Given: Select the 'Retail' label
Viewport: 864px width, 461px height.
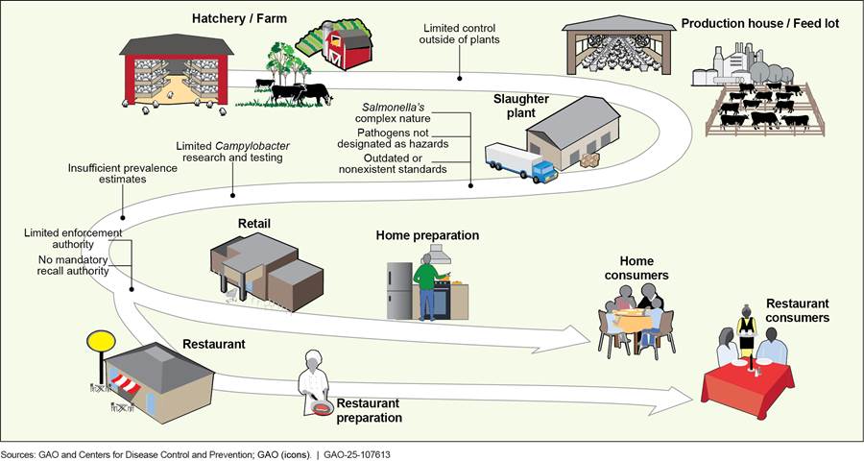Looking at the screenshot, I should point(253,224).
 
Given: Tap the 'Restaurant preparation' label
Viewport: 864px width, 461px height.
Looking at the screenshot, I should point(369,410).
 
